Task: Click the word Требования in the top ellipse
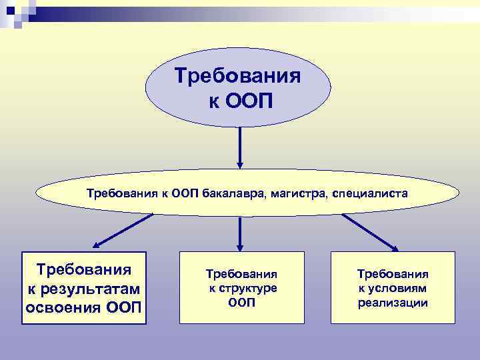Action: [x=237, y=75]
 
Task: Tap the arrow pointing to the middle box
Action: [x=240, y=233]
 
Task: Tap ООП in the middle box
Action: [x=241, y=302]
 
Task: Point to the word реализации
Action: [x=393, y=303]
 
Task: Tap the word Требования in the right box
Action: [x=393, y=274]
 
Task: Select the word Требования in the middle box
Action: [x=241, y=274]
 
